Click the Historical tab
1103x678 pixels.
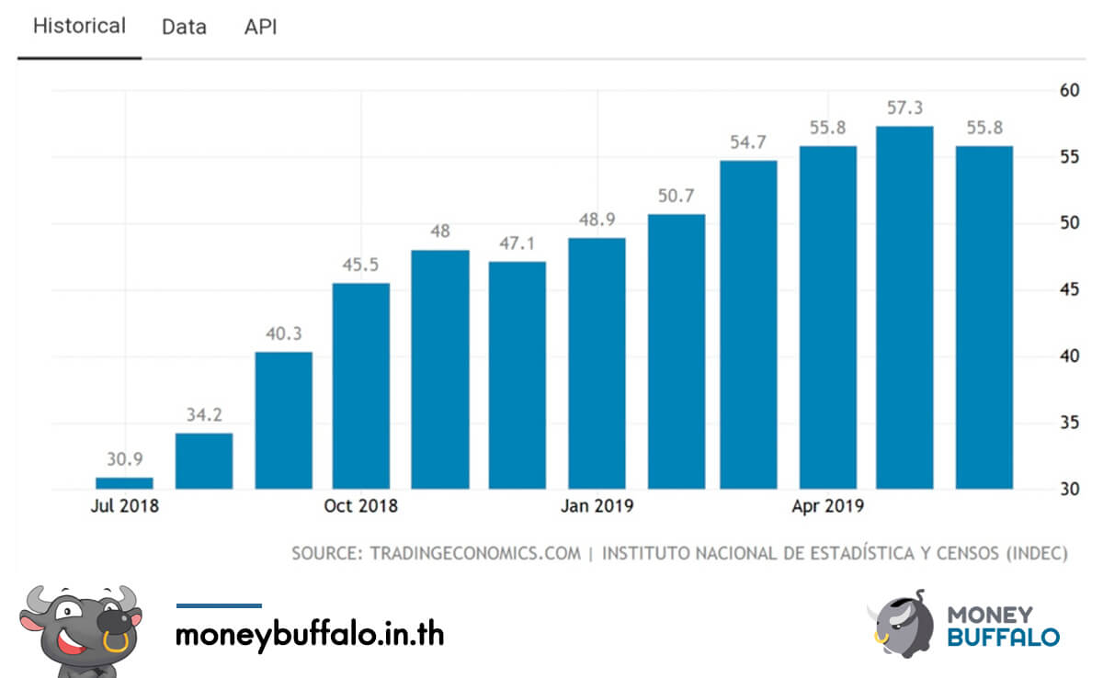pyautogui.click(x=79, y=26)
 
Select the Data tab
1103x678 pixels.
pyautogui.click(x=184, y=27)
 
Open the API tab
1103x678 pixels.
pyautogui.click(x=260, y=27)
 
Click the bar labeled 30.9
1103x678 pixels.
pyautogui.click(x=125, y=483)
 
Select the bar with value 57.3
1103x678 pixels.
pyautogui.click(x=904, y=308)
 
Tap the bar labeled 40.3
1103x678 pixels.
pyautogui.click(x=283, y=420)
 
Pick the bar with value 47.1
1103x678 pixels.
pyautogui.click(x=517, y=375)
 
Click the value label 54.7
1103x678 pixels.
pyautogui.click(x=748, y=142)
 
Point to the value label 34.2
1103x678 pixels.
pyautogui.click(x=204, y=415)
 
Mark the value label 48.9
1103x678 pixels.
pyautogui.click(x=597, y=220)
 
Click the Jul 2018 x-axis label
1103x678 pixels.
pyautogui.click(x=124, y=506)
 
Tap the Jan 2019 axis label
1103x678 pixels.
pyautogui.click(x=597, y=506)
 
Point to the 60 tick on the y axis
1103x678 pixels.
pyautogui.click(x=1068, y=90)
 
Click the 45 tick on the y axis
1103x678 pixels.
pyautogui.click(x=1068, y=290)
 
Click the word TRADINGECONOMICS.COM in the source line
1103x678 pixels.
pyautogui.click(x=475, y=553)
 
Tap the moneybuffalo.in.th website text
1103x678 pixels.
pyautogui.click(x=310, y=634)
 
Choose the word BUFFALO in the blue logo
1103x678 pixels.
pyautogui.click(x=1003, y=636)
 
